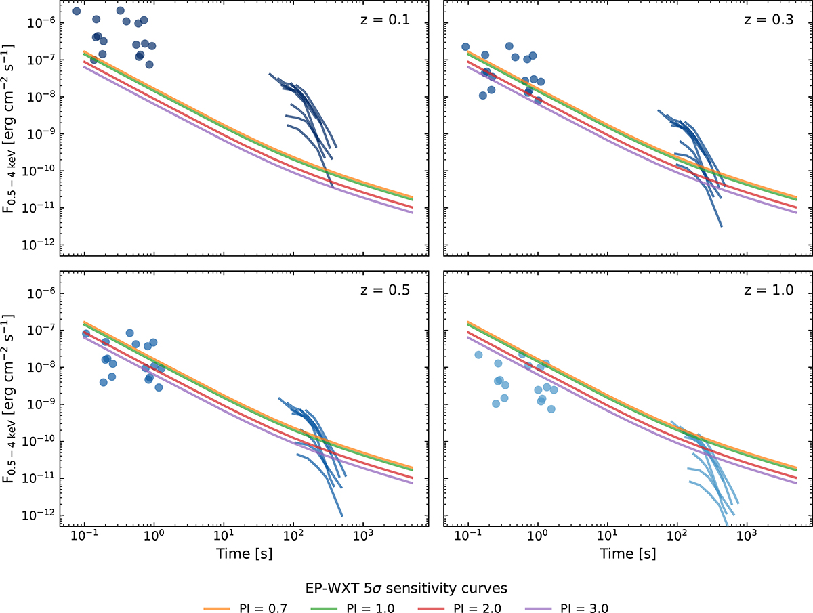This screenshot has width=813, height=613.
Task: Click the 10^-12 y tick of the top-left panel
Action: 40,245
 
